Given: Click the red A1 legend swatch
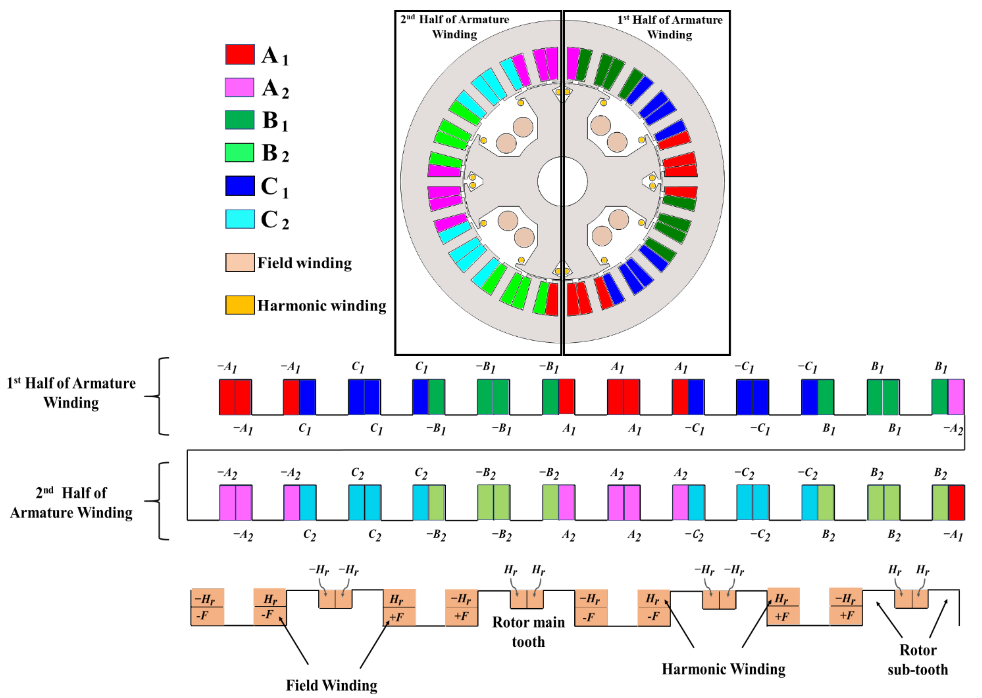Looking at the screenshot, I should tap(240, 54).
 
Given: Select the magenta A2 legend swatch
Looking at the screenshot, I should tap(239, 87).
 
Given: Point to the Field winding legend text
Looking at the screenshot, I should tap(304, 263).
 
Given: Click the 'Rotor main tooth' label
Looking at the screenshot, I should tap(528, 631).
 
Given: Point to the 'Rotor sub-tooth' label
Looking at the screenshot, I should tap(918, 659).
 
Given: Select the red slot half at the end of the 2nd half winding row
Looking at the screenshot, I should tap(956, 503).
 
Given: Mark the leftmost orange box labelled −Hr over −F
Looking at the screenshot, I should tap(208, 607).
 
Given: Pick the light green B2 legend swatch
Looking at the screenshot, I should tap(239, 153).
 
